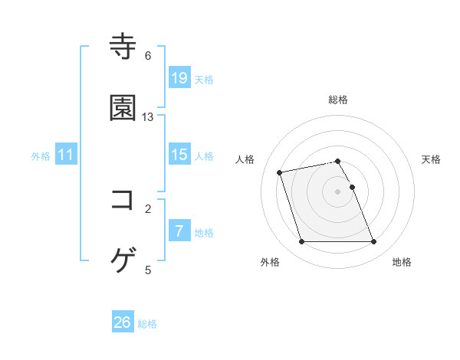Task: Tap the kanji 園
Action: (123, 108)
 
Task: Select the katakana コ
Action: (123, 200)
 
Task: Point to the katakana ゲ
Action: (123, 261)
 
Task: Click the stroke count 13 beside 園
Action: (148, 117)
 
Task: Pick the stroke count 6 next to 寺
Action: (148, 55)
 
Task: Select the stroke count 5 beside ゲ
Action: (148, 270)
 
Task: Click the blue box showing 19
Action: (179, 77)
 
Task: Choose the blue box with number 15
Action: (179, 155)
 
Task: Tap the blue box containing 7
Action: (179, 231)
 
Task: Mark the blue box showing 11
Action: (66, 155)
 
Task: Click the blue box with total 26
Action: (123, 322)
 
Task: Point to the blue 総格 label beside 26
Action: (148, 324)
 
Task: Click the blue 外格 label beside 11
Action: (41, 156)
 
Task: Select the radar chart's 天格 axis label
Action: (431, 159)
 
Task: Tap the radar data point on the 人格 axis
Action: (280, 172)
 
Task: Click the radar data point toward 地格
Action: (373, 242)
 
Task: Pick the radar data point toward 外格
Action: (301, 242)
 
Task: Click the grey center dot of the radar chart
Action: (337, 191)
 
